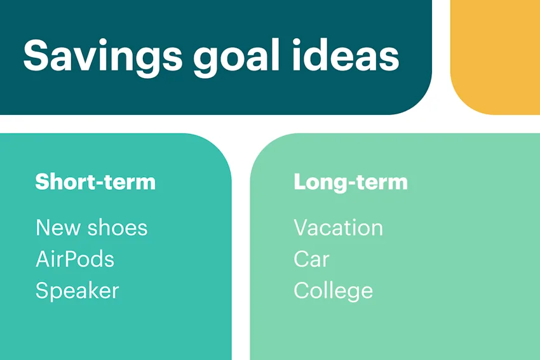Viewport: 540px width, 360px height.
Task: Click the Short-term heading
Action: click(x=95, y=182)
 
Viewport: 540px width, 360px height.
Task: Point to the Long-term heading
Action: click(x=350, y=182)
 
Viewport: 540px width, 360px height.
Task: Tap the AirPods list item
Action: click(x=75, y=259)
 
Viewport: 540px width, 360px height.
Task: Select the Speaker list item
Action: click(x=77, y=291)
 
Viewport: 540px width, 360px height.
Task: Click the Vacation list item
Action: click(x=338, y=227)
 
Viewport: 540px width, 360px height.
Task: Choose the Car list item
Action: click(x=311, y=259)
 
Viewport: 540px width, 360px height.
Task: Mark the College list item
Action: click(x=333, y=291)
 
